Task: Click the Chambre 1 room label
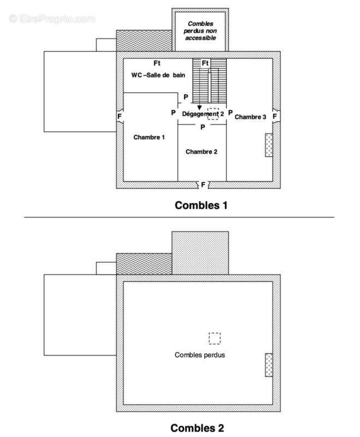pyautogui.click(x=149, y=137)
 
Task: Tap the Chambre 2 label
pyautogui.click(x=202, y=151)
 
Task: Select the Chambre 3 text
pyautogui.click(x=251, y=117)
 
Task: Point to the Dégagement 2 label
pyautogui.click(x=203, y=114)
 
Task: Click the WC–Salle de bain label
pyautogui.click(x=158, y=75)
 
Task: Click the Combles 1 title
pyautogui.click(x=200, y=206)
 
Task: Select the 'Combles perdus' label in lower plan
pyautogui.click(x=200, y=355)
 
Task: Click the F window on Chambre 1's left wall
pyautogui.click(x=119, y=116)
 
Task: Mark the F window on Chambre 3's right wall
pyautogui.click(x=275, y=116)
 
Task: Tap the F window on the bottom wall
pyautogui.click(x=203, y=185)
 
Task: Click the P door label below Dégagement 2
pyautogui.click(x=202, y=127)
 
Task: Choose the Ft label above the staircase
pyautogui.click(x=205, y=63)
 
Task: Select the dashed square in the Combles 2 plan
pyautogui.click(x=215, y=338)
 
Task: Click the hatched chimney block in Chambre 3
pyautogui.click(x=269, y=145)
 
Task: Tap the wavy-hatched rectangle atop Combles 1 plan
pyautogui.click(x=144, y=41)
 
